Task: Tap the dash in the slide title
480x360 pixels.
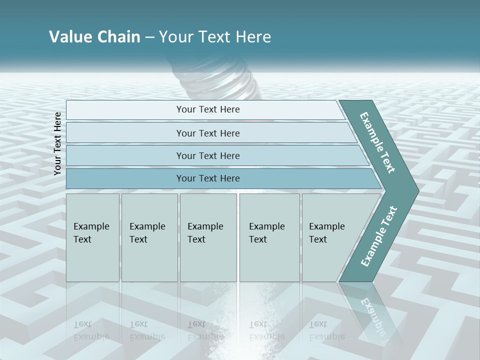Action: [149, 37]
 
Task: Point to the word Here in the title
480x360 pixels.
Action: [253, 37]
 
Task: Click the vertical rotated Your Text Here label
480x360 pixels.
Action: [57, 143]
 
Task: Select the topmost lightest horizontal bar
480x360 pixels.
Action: [207, 109]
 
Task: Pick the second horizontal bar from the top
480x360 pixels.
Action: [207, 133]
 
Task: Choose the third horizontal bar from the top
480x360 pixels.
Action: [207, 155]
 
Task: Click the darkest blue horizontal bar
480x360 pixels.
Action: [207, 178]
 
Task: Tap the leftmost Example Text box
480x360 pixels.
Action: [92, 237]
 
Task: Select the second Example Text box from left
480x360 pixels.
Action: [149, 237]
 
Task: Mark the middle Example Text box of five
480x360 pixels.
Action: [208, 237]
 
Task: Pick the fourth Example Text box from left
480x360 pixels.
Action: [269, 237]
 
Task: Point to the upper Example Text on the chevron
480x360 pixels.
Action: [377, 142]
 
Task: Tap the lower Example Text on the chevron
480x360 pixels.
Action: [378, 236]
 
